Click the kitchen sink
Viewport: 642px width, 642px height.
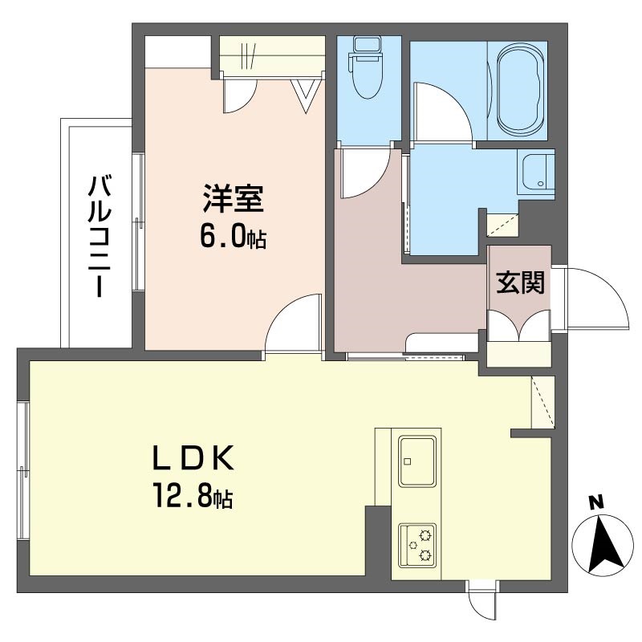pos(417,461)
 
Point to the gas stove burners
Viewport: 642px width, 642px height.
pos(417,546)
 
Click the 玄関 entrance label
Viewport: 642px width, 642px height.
pos(520,282)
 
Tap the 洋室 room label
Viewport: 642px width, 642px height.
pos(233,198)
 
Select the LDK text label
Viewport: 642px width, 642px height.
pos(193,457)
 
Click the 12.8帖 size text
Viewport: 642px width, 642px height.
pos(193,495)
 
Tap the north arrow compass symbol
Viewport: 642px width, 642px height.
pos(603,543)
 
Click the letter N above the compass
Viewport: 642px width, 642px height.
pos(597,502)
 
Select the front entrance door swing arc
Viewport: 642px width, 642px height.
pos(595,297)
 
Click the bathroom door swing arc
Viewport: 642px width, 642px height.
pos(444,112)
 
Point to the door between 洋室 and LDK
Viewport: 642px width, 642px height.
pos(293,323)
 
